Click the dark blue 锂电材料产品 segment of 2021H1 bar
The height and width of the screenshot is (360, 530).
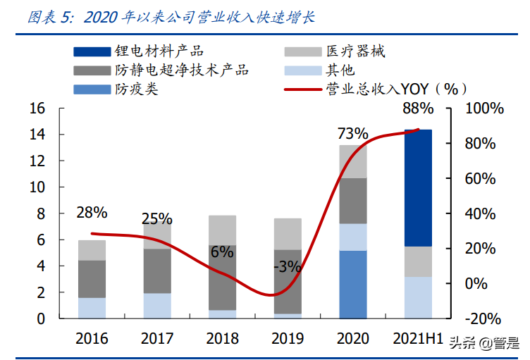(418, 187)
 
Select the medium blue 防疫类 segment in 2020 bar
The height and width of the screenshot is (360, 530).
(352, 284)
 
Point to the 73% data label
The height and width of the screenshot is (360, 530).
(352, 133)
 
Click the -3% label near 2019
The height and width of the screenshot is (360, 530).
(288, 267)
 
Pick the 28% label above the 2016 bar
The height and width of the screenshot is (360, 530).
(92, 212)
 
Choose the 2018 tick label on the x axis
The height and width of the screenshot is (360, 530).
(223, 339)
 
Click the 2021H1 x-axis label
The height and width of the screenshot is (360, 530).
(418, 339)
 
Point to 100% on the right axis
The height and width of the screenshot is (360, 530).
(485, 108)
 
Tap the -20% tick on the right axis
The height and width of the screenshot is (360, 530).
(485, 318)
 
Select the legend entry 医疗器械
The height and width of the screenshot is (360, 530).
(355, 51)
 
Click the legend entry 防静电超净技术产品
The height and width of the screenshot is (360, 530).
(181, 70)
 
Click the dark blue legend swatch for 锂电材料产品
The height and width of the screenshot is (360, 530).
(92, 51)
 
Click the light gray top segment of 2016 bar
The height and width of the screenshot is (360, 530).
(92, 250)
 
